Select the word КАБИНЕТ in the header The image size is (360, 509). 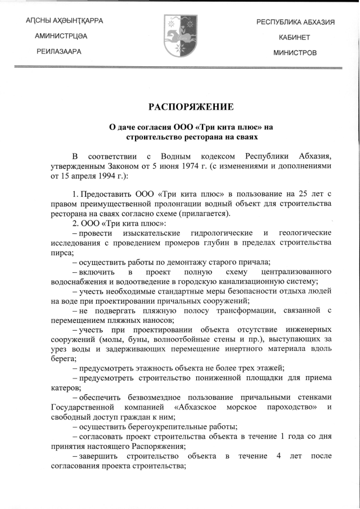pos(295,37)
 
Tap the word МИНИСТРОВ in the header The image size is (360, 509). pos(295,52)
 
